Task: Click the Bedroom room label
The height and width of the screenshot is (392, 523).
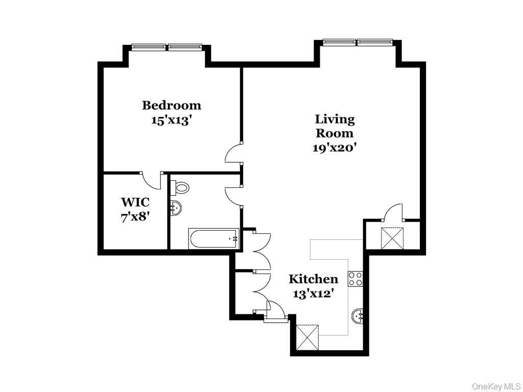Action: (x=171, y=106)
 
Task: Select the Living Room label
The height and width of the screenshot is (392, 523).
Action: (x=335, y=126)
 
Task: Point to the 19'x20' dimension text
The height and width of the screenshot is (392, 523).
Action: (x=335, y=148)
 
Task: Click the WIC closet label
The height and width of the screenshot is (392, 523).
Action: (x=135, y=202)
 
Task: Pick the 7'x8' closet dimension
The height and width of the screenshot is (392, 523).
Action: (x=135, y=216)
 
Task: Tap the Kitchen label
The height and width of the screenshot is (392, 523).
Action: (x=313, y=279)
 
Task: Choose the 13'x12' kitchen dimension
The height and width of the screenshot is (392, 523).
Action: (x=313, y=293)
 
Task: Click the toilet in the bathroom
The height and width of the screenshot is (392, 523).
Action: (x=181, y=187)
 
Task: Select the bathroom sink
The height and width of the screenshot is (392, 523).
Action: (x=176, y=208)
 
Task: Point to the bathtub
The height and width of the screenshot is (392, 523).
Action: (x=213, y=238)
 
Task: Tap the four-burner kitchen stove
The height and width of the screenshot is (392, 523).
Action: (x=355, y=279)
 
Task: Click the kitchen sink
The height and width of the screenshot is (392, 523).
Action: (x=358, y=316)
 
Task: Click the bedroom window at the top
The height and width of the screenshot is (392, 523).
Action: (x=167, y=47)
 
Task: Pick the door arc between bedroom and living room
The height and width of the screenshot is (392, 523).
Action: (x=234, y=153)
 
